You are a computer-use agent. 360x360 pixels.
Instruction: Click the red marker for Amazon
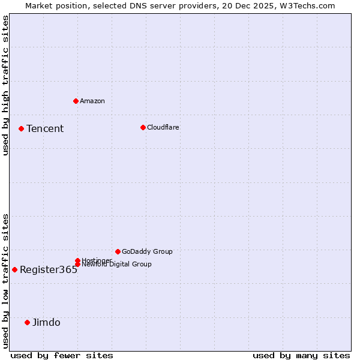tap(76, 101)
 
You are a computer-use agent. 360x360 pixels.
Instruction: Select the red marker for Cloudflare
tap(143, 127)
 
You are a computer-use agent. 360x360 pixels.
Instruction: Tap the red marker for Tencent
tap(21, 128)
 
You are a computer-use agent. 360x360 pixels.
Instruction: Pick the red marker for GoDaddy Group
tap(118, 251)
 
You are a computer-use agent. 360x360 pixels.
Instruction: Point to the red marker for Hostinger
tap(77, 260)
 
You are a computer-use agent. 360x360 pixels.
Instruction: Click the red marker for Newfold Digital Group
tap(77, 265)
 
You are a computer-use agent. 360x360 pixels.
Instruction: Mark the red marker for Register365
tap(14, 269)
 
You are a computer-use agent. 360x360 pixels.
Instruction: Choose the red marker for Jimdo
tap(27, 322)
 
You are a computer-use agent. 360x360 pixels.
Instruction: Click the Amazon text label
tap(92, 101)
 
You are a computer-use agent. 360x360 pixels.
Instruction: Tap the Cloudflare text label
tap(163, 127)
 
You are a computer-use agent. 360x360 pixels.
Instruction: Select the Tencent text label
tap(45, 128)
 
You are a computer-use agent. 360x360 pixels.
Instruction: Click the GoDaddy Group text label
tap(147, 251)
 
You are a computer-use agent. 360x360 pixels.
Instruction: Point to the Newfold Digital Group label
tap(116, 265)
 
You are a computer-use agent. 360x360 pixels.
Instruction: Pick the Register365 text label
tap(49, 269)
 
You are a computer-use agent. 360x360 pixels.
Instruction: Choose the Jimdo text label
tap(46, 322)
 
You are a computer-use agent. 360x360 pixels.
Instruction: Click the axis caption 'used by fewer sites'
tap(62, 355)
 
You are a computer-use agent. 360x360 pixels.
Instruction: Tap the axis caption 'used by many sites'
tap(301, 355)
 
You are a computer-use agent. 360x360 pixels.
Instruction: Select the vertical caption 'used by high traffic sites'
tap(5, 85)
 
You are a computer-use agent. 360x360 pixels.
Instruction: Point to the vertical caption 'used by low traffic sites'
tap(5, 281)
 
